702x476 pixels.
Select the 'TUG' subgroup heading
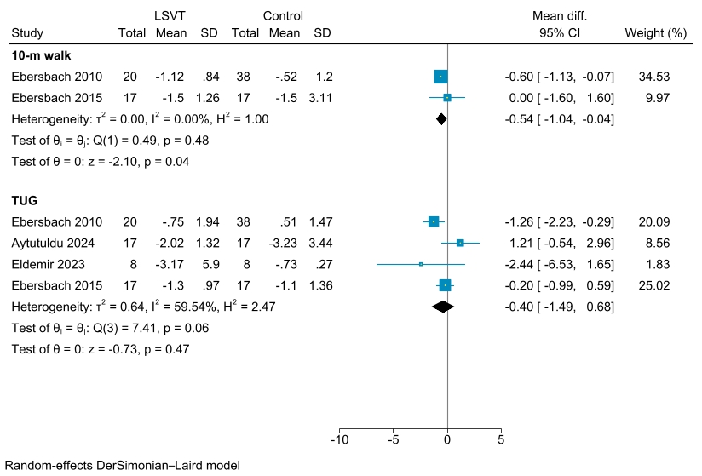tap(25, 201)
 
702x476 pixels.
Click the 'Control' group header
tap(283, 15)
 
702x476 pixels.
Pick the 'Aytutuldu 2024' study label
tap(56, 243)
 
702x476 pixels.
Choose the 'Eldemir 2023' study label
tap(49, 264)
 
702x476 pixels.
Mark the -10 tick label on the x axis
tap(339, 440)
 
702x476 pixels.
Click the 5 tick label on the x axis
tap(501, 440)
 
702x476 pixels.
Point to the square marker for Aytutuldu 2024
tap(460, 243)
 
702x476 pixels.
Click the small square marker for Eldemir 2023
tap(421, 264)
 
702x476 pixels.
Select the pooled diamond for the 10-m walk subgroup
tap(440, 118)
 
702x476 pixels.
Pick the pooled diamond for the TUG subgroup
tap(443, 306)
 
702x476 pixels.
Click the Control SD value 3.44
tap(321, 243)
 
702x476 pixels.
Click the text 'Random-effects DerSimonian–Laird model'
tap(122, 466)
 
